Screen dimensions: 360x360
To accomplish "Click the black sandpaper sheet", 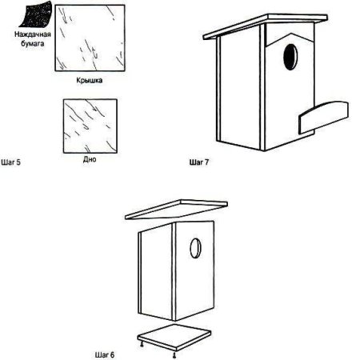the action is pos(36,14).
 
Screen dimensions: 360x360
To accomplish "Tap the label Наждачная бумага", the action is pos(33,39).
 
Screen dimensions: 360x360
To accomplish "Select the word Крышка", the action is pos(90,80).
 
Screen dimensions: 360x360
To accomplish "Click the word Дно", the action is pos(90,159).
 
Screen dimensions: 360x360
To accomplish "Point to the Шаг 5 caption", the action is pos(10,162).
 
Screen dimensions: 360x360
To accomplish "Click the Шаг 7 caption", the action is pos(199,162).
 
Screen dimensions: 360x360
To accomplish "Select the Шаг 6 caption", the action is pos(105,355).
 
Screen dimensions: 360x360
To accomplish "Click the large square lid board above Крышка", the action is pos(90,38).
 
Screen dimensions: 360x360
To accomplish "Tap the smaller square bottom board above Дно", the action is pos(90,126).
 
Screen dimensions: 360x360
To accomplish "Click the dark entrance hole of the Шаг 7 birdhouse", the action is pos(290,57).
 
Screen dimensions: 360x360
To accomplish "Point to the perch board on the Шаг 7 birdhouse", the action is pos(323,117).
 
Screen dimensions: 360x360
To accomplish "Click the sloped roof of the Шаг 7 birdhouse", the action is pos(265,26).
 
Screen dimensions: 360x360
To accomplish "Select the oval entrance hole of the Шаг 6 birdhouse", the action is pos(195,248).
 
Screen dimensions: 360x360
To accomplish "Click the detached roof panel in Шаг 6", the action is pos(176,210).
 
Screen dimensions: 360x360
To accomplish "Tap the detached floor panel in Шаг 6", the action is pos(174,337).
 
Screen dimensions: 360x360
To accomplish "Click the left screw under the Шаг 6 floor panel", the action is pos(142,345).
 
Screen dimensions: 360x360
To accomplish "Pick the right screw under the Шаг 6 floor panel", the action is pos(174,354).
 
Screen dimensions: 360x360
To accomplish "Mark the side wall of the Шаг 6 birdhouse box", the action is pos(156,272).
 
